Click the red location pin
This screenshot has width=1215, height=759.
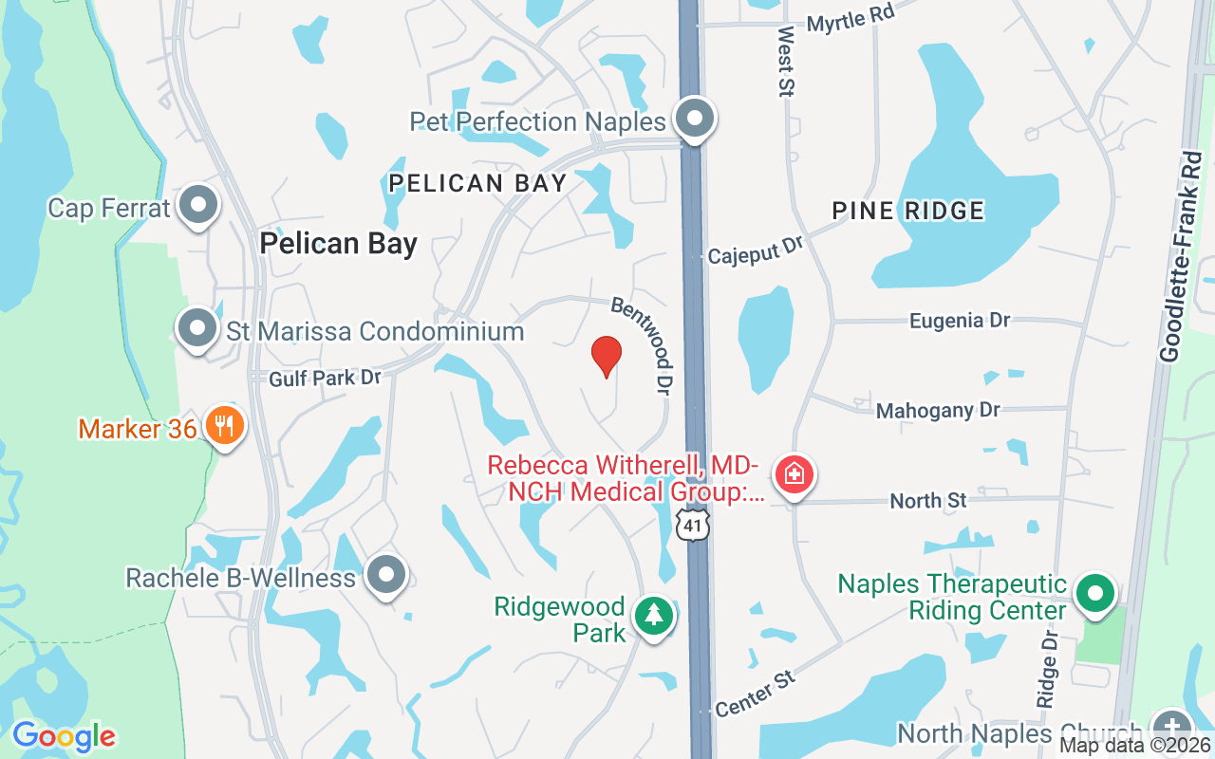tap(607, 356)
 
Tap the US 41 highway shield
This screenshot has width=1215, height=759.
tap(694, 525)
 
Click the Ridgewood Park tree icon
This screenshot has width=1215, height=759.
tap(653, 616)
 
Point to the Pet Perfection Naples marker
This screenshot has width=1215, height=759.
tap(695, 120)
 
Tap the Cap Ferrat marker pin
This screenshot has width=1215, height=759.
tap(198, 205)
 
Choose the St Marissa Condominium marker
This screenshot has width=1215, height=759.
tap(197, 328)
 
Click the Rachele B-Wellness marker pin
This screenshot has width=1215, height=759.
tap(385, 574)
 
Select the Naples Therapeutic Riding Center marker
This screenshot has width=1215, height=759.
tap(1095, 594)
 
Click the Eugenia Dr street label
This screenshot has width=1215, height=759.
tap(959, 321)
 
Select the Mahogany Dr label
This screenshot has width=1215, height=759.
tap(937, 411)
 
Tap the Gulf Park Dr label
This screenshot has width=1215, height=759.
tap(325, 378)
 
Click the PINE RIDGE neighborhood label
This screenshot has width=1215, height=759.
tap(907, 211)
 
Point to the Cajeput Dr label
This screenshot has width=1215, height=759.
tap(755, 250)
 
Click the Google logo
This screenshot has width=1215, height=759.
tap(64, 736)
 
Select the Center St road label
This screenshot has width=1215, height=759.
tap(755, 694)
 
